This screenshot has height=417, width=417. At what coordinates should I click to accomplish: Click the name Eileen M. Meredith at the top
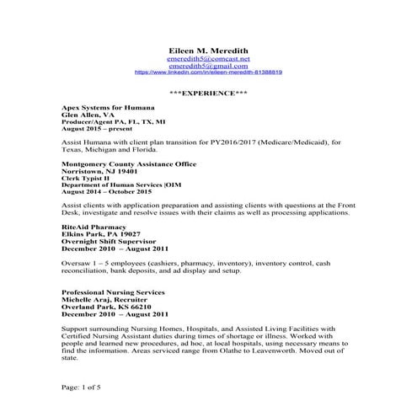tap(208, 51)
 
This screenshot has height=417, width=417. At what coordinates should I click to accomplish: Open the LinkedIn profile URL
tap(208, 73)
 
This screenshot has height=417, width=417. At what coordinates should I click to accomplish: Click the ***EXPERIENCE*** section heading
tap(208, 92)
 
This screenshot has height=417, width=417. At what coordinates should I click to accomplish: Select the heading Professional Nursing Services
tap(113, 291)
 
